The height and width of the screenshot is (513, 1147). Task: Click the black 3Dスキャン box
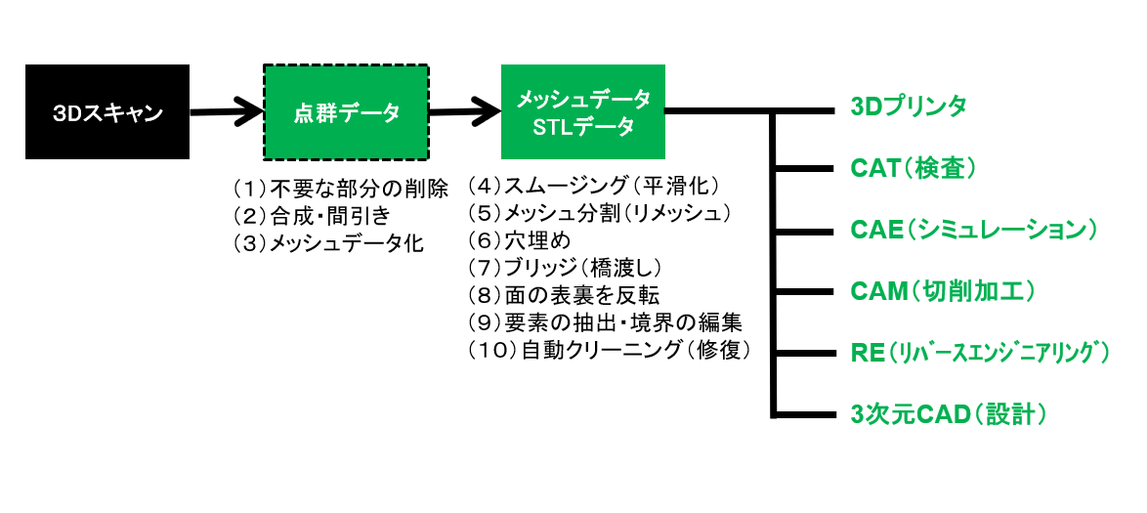click(x=107, y=112)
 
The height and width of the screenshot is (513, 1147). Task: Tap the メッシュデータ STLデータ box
click(x=582, y=111)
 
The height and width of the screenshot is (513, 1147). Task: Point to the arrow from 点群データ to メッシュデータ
click(x=464, y=110)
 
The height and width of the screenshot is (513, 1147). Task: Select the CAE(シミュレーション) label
click(x=973, y=231)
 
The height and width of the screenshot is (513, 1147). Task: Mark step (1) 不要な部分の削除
click(x=340, y=189)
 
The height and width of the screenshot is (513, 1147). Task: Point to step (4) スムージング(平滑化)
click(x=594, y=186)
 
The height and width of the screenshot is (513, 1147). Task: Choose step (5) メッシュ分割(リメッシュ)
click(x=599, y=212)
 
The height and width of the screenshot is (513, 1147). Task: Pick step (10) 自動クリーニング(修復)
click(x=609, y=349)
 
